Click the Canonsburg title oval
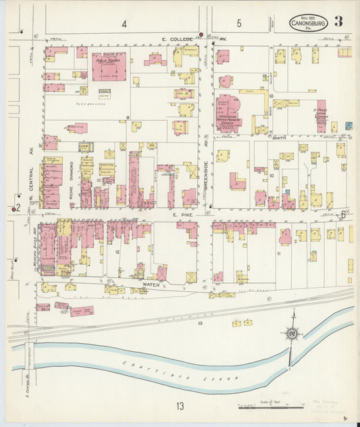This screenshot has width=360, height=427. pos(309,23)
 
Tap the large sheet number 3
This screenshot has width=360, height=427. pos(338,21)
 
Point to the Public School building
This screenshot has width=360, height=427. pos(108,66)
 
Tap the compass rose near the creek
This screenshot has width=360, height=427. pos(292,332)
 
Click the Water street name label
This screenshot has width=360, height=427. pos(150,285)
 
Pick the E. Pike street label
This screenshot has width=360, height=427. pos(182,214)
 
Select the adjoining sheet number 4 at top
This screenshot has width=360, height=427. pos(124,24)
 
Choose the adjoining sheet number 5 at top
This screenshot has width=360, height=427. pos(238,24)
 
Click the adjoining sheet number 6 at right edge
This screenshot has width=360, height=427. pos(342,215)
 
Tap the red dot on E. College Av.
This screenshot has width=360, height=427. pos(201,34)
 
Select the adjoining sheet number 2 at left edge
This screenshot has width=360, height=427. pos(19,207)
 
